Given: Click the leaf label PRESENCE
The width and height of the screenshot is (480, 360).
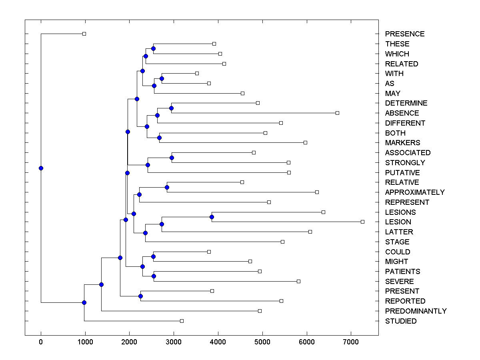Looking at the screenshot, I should (x=405, y=34).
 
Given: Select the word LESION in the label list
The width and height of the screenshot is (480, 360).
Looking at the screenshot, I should (x=398, y=222).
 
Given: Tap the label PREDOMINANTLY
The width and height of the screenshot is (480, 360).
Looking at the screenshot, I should (x=416, y=311).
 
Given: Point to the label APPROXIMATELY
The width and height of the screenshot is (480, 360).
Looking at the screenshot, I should (x=415, y=192).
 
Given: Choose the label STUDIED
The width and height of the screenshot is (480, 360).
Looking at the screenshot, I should (x=401, y=321).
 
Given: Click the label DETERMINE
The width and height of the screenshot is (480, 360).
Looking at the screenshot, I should (x=406, y=103).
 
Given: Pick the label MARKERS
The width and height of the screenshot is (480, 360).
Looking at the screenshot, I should (x=402, y=143).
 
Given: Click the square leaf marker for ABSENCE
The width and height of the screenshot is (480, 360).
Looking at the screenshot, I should (x=337, y=113).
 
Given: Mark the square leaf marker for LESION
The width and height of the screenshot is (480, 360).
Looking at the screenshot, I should (x=362, y=222).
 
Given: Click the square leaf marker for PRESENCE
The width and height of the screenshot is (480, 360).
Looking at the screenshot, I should (x=84, y=34).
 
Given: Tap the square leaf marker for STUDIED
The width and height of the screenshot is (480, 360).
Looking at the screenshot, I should (x=182, y=321).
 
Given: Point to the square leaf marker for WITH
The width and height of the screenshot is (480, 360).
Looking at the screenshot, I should (x=197, y=73).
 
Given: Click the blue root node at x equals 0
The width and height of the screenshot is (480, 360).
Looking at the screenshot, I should (x=41, y=168).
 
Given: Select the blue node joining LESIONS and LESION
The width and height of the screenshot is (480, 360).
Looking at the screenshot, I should (x=212, y=217).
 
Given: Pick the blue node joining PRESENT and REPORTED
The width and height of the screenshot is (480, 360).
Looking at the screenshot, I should (x=140, y=296).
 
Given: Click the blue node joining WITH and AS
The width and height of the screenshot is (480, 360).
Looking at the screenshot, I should (x=162, y=78).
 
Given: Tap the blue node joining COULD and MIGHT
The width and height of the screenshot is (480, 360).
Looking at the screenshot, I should (x=153, y=256).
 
